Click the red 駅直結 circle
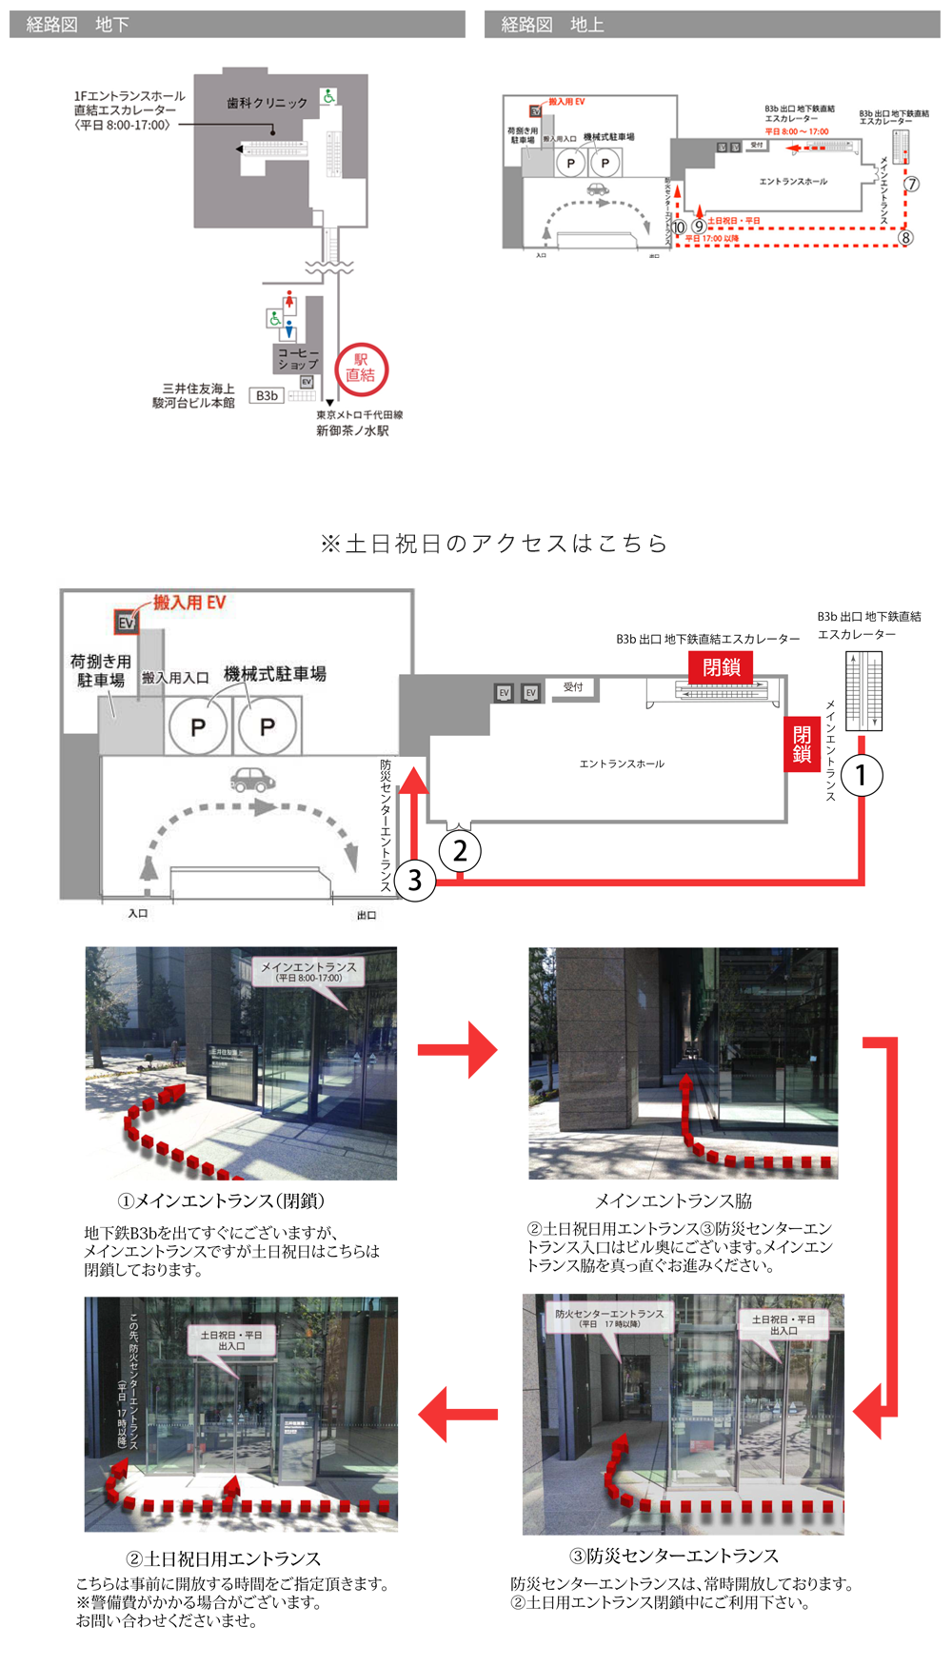[361, 368]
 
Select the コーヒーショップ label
[298, 359]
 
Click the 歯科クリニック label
[267, 103]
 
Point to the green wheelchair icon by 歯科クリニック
[328, 96]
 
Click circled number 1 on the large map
[862, 775]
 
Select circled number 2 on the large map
[460, 850]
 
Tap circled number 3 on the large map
[414, 880]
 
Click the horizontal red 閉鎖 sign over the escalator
[721, 667]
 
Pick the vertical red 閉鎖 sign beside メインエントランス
[802, 744]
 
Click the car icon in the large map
[252, 780]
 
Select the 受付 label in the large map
[573, 686]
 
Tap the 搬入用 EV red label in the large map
[189, 602]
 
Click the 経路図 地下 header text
[78, 25]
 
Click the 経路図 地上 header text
[552, 25]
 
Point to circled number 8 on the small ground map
[905, 238]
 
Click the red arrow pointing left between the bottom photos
[459, 1414]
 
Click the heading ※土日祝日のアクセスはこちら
[494, 544]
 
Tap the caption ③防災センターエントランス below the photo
[674, 1556]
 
